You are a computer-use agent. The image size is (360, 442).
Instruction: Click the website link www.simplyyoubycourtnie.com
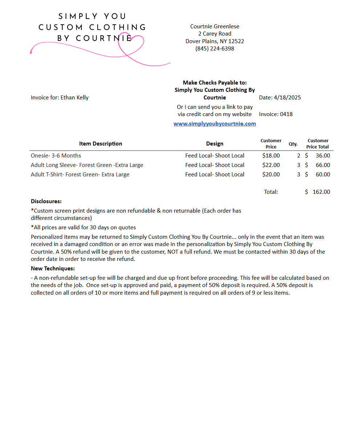click(215, 124)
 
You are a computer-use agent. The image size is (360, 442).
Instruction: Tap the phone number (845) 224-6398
click(215, 48)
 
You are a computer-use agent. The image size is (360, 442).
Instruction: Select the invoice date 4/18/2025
click(287, 97)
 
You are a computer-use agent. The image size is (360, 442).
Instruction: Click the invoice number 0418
click(286, 114)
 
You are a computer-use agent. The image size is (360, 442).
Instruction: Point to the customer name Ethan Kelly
click(74, 97)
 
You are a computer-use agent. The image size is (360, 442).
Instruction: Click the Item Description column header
click(101, 144)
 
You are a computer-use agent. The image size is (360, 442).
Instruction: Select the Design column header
click(215, 144)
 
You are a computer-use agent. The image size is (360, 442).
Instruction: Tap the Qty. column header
click(293, 144)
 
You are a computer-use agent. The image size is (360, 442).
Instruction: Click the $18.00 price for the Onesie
click(271, 155)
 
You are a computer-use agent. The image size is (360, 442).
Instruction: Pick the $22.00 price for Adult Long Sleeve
click(271, 165)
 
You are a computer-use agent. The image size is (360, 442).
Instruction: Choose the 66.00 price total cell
click(323, 165)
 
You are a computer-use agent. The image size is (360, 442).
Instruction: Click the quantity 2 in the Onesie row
click(299, 155)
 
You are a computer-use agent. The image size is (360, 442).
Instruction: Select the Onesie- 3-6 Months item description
click(56, 155)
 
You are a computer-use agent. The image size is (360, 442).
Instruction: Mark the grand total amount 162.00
click(321, 192)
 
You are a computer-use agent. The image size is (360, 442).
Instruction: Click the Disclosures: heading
click(46, 201)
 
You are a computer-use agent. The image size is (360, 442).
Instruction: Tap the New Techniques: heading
click(53, 269)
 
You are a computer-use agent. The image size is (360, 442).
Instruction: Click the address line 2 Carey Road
click(215, 34)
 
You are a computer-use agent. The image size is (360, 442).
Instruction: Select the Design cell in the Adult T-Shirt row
click(215, 174)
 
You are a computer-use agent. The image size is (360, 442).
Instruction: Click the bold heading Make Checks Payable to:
click(215, 82)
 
